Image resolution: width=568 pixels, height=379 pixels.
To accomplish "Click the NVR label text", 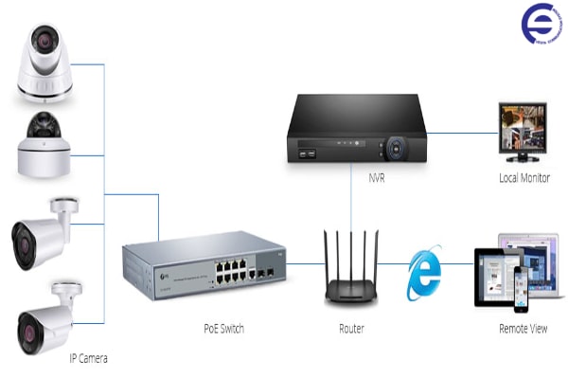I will [x=376, y=177].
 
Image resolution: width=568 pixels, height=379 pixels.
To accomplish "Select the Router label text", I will [x=351, y=329].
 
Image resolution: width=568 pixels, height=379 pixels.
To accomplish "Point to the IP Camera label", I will [x=88, y=359].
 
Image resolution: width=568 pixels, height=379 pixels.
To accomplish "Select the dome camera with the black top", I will [x=44, y=144].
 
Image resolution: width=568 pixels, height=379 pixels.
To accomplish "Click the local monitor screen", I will [x=524, y=126].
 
